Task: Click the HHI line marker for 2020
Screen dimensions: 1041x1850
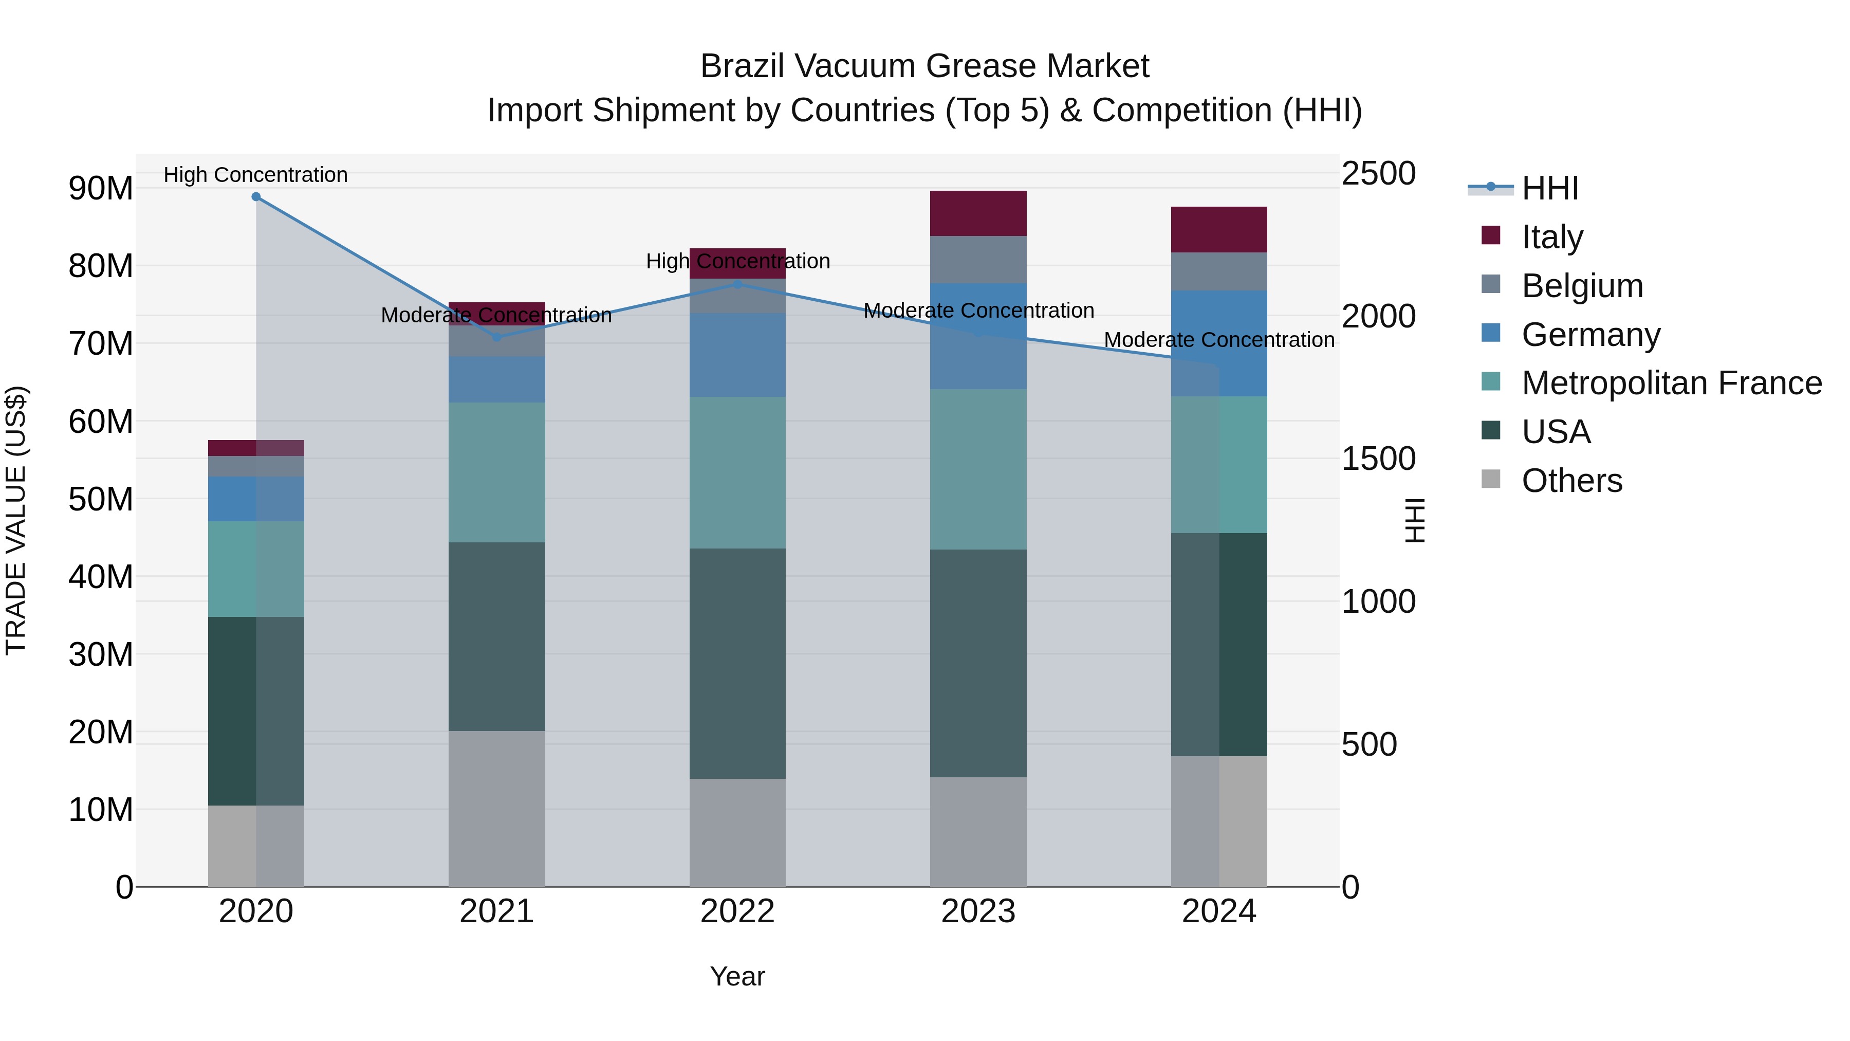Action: [256, 197]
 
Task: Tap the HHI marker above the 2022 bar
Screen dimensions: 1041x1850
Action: [737, 284]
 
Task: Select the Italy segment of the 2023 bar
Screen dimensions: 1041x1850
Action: [978, 213]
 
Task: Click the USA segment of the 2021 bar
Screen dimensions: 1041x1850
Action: [496, 636]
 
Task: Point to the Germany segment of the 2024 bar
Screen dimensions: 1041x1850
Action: [1219, 343]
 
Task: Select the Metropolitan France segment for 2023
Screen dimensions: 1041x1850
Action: [978, 469]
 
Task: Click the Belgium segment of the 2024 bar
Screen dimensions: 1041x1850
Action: [1219, 271]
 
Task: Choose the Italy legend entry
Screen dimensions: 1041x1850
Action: [1551, 237]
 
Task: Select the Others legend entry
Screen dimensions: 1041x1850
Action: [1571, 481]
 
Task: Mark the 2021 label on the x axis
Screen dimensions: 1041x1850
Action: [496, 911]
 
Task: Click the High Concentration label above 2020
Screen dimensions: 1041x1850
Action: [256, 175]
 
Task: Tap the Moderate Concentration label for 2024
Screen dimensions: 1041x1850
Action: [1219, 340]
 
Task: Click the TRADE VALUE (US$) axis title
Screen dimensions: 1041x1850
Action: [16, 520]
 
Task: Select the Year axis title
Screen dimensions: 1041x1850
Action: [737, 976]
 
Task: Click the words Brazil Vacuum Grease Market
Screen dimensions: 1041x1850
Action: [924, 66]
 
